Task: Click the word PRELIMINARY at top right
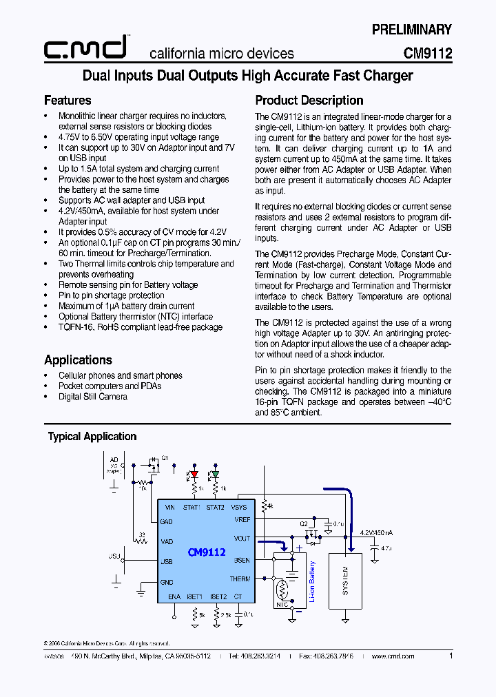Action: pyautogui.click(x=411, y=30)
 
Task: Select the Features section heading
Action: pyautogui.click(x=68, y=101)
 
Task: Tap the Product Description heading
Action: pyautogui.click(x=309, y=101)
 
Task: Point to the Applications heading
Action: pyautogui.click(x=78, y=360)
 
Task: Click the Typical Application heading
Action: pyautogui.click(x=92, y=437)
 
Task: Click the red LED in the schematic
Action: pyautogui.click(x=194, y=474)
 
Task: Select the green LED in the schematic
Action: pyautogui.click(x=215, y=474)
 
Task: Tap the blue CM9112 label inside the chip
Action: pyautogui.click(x=207, y=552)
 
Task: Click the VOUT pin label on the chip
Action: pyautogui.click(x=242, y=539)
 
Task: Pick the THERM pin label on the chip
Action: pyautogui.click(x=240, y=579)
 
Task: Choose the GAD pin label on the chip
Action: pyautogui.click(x=167, y=521)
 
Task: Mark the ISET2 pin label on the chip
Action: pyautogui.click(x=218, y=596)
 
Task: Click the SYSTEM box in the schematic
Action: pyautogui.click(x=345, y=581)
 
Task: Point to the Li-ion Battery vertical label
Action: pyautogui.click(x=312, y=583)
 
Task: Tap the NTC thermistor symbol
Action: pyautogui.click(x=282, y=591)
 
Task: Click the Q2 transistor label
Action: pyautogui.click(x=303, y=523)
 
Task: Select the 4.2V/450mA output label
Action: pyautogui.click(x=377, y=532)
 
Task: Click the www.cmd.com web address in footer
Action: pyautogui.click(x=393, y=656)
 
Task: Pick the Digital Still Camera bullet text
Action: pyautogui.click(x=93, y=397)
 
